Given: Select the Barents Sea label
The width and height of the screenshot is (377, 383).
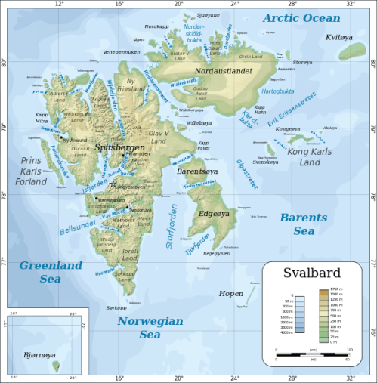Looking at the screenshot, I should (303, 224).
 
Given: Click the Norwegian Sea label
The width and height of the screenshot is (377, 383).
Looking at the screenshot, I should (150, 327).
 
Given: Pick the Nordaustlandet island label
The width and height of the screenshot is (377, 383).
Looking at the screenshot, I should (223, 71).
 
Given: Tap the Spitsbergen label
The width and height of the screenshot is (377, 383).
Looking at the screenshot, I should (119, 147).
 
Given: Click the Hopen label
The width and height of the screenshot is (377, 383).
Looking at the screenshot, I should (230, 292).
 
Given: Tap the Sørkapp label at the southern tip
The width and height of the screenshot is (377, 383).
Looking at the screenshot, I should (117, 307).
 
